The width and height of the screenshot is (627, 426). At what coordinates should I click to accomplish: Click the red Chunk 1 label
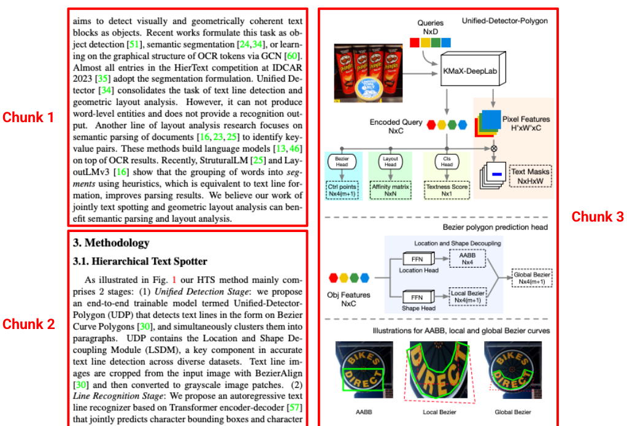(28, 117)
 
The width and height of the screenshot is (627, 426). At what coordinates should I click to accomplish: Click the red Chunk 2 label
(28, 324)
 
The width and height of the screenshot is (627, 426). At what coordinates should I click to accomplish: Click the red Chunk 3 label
(598, 217)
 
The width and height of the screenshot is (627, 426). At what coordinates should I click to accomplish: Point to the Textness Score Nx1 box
(447, 189)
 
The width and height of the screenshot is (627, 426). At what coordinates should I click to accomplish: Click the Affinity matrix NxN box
(391, 189)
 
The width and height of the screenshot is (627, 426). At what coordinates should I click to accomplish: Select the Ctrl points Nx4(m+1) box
(342, 189)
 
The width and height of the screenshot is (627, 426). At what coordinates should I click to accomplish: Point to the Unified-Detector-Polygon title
(505, 21)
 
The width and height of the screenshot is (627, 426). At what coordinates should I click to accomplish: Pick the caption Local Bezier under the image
(439, 412)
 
